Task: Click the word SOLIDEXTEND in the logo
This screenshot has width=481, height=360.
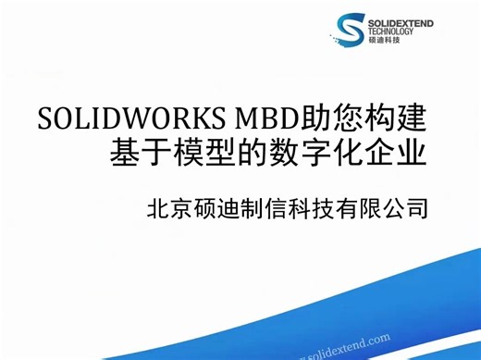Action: tap(405, 20)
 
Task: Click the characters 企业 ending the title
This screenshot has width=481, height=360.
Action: tap(395, 151)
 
